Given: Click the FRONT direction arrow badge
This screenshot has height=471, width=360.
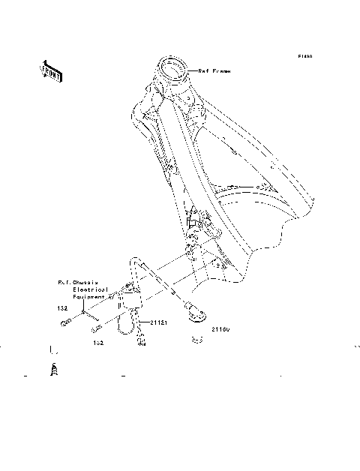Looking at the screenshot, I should click(x=51, y=70).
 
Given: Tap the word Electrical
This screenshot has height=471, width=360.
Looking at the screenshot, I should click(x=91, y=289).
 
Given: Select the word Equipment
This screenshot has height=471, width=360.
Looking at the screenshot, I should click(x=90, y=295).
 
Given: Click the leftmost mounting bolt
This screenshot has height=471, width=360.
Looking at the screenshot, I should click(x=64, y=324).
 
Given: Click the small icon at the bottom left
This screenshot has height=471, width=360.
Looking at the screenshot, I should click(x=53, y=370).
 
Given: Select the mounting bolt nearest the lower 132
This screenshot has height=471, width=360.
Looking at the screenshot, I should click(x=96, y=328).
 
